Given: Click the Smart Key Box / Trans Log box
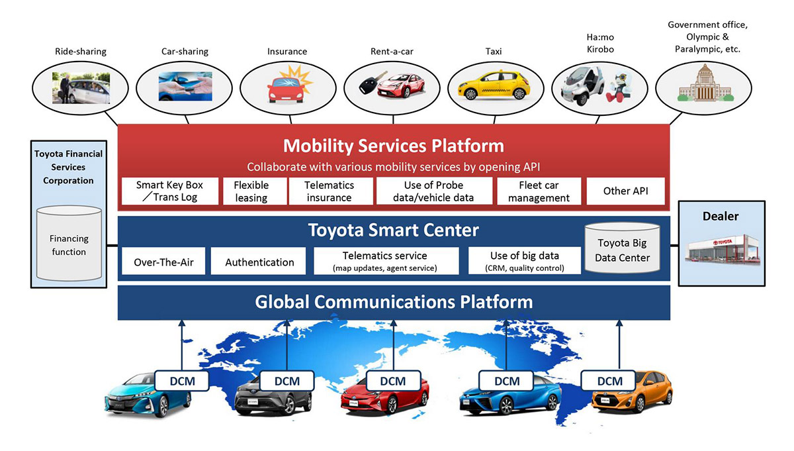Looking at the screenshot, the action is tap(170, 191).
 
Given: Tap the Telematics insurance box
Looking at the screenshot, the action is tap(330, 191).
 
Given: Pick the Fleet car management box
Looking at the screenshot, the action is tap(539, 191).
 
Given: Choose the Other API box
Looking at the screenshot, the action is tap(626, 191).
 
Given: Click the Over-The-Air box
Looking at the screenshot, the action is tap(163, 261).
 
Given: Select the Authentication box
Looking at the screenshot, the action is tap(258, 261).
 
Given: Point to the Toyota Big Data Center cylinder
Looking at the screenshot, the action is tap(622, 248).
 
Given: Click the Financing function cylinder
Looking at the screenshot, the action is tap(69, 244).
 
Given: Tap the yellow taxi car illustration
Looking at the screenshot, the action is tap(494, 85).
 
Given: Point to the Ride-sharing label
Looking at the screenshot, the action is tap(81, 52).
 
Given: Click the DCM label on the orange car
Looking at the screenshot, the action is tap(609, 381).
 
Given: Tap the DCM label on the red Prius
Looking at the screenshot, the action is tap(393, 381).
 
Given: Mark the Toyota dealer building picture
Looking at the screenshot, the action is tap(723, 250).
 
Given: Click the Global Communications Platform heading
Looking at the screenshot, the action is tap(394, 302).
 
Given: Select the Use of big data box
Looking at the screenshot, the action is tap(525, 261).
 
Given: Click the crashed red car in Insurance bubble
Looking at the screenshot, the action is tap(287, 89).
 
